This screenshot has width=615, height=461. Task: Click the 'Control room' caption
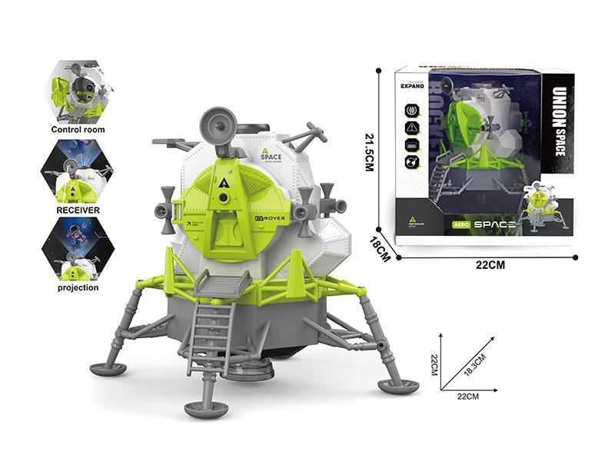[78, 130]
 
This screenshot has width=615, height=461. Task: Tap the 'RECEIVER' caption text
[78, 209]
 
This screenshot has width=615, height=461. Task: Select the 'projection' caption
[78, 287]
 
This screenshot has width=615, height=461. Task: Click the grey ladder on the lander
[209, 339]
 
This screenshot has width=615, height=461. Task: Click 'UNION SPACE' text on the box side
[559, 122]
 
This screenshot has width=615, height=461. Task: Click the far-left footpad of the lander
[108, 370]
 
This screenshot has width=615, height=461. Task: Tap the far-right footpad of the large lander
[398, 386]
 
